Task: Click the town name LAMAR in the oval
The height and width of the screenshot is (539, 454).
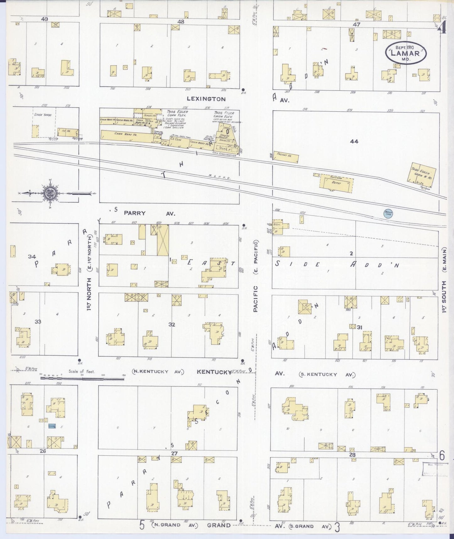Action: tap(405, 53)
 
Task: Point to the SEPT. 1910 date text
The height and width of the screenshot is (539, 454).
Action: tap(405, 47)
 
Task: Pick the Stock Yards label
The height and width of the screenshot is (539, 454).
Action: tap(43, 114)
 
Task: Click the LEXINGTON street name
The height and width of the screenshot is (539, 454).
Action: tap(206, 99)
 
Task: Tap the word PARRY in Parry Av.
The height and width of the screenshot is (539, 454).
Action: tap(134, 213)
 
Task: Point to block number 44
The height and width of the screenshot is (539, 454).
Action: tap(354, 142)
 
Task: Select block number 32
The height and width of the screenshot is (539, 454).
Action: tap(172, 325)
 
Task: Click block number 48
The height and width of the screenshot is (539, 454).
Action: tap(181, 22)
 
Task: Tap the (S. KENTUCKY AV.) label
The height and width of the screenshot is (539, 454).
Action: tap(327, 374)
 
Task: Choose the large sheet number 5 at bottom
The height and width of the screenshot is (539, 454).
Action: tap(142, 525)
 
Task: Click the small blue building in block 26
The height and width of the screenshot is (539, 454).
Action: tap(52, 426)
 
